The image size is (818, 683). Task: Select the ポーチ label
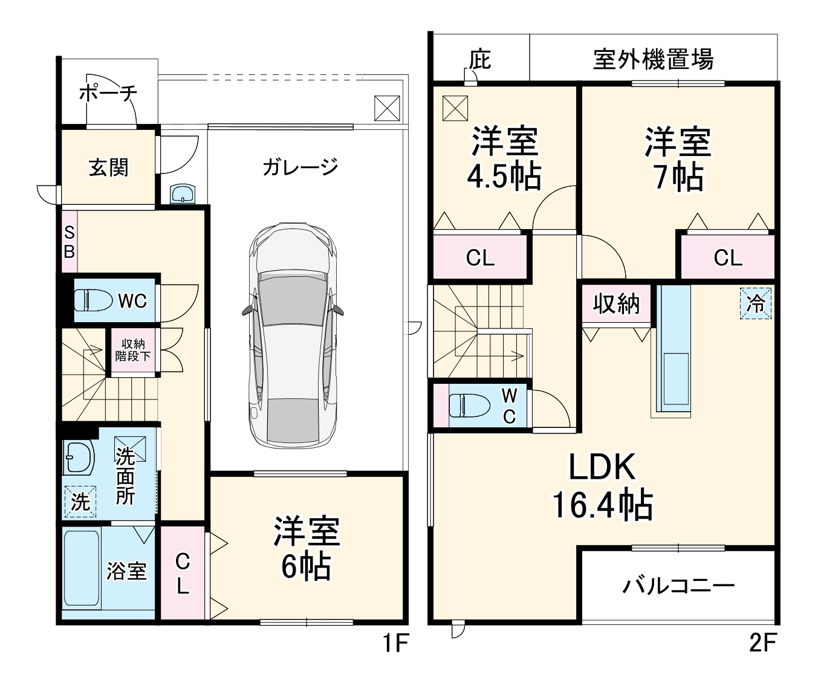point(108,93)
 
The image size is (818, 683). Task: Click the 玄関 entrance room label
point(109,167)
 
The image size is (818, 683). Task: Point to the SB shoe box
point(70,242)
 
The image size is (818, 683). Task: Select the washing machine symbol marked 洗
point(80,501)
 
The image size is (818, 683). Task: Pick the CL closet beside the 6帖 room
point(183,574)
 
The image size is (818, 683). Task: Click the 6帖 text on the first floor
point(306,567)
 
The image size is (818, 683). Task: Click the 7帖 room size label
point(678,177)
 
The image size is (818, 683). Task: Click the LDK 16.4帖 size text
point(603,505)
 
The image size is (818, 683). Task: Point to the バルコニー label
point(678,586)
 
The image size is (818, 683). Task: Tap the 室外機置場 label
point(653,59)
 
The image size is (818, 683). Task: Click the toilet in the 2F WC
point(469,405)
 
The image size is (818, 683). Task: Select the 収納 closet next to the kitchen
point(615,303)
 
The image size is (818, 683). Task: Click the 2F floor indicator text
point(762,643)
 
